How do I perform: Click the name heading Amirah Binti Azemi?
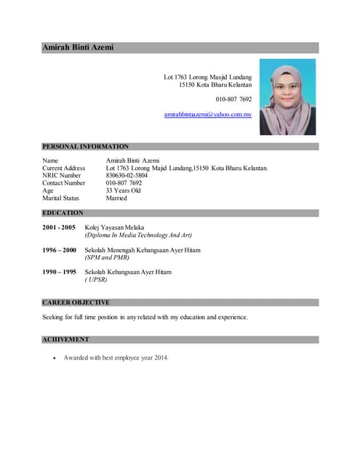coord(78,47)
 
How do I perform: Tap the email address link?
coord(207,115)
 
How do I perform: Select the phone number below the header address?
coord(233,99)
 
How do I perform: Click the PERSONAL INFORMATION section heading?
coord(85,146)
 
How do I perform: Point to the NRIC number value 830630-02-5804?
coord(127,175)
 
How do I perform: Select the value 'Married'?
coord(116,198)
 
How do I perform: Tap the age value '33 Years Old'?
coord(123,190)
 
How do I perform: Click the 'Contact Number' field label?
coord(64,183)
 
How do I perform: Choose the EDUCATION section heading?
coord(63,213)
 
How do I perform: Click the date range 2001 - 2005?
coord(59,227)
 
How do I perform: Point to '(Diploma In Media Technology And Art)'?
coord(138,235)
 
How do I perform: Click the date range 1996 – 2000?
coord(59,250)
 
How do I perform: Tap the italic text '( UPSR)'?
coord(97,280)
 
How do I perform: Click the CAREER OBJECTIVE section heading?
coord(76,302)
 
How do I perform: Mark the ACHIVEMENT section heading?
coord(65,339)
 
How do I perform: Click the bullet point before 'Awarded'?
coord(54,358)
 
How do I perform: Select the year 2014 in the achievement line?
coord(160,357)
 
